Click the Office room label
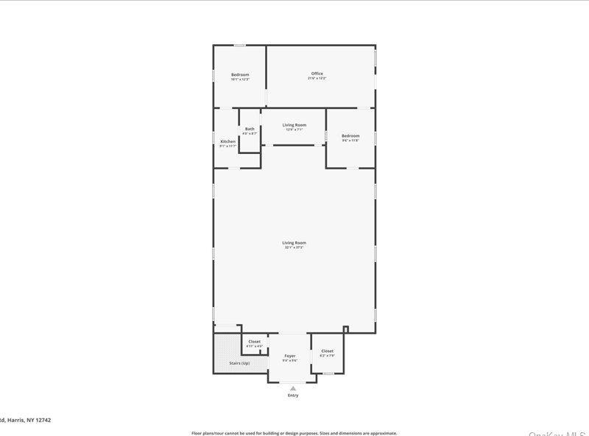pyautogui.click(x=317, y=74)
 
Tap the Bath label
pyautogui.click(x=250, y=129)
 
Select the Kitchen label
pyautogui.click(x=228, y=141)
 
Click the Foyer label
pyautogui.click(x=290, y=356)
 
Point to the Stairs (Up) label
pyautogui.click(x=239, y=363)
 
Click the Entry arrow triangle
pyautogui.click(x=293, y=387)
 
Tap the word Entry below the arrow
pyautogui.click(x=293, y=395)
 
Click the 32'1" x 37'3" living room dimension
pyautogui.click(x=294, y=247)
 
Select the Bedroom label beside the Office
pyautogui.click(x=240, y=74)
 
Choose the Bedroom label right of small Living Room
pyautogui.click(x=350, y=136)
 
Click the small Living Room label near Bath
pyautogui.click(x=294, y=124)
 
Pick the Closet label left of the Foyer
pyautogui.click(x=254, y=341)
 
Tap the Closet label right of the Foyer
pyautogui.click(x=327, y=351)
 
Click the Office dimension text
pyautogui.click(x=317, y=78)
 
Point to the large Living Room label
pyautogui.click(x=294, y=242)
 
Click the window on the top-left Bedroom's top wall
pyautogui.click(x=240, y=46)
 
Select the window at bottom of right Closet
pyautogui.click(x=328, y=373)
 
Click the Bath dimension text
pyautogui.click(x=250, y=133)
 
